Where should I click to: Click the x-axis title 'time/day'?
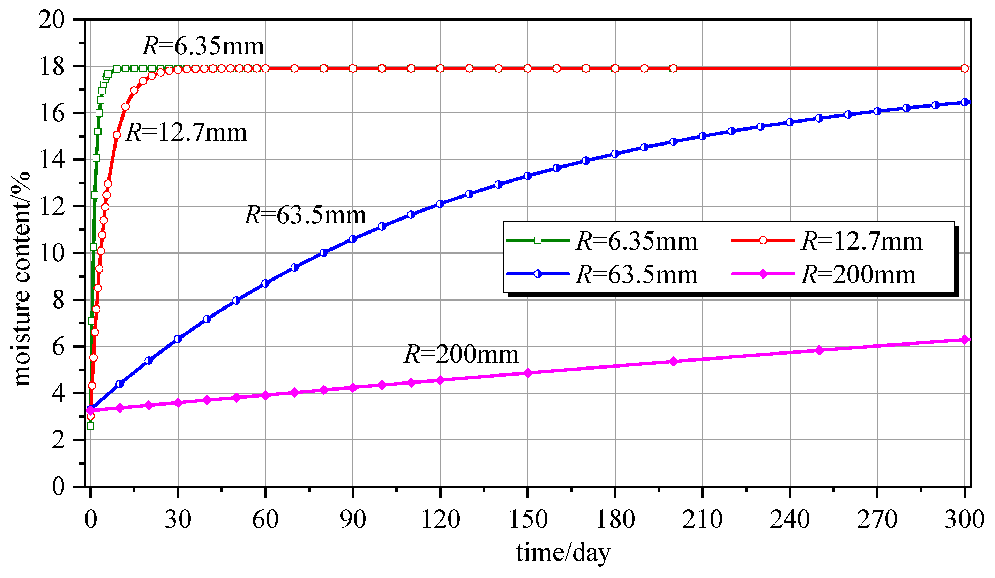point(563,552)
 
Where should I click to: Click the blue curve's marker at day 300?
point(965,102)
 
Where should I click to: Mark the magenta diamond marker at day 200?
point(674,362)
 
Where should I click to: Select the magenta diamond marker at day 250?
point(819,350)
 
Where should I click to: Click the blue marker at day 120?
point(441,204)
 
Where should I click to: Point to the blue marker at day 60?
point(265,284)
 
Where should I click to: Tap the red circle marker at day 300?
point(965,68)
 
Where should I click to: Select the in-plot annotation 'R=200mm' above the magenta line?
point(461,354)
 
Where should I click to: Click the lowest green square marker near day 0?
point(90,426)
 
